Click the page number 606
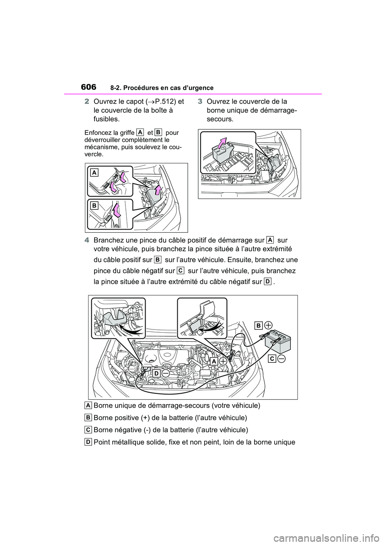click(x=88, y=87)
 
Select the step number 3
click(x=200, y=101)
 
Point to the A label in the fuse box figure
click(x=94, y=173)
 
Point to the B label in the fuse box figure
click(x=94, y=205)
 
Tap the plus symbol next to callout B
click(x=269, y=325)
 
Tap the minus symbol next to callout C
click(x=281, y=359)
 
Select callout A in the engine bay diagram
click(x=214, y=361)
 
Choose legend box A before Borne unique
click(x=88, y=405)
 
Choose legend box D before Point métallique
click(x=88, y=442)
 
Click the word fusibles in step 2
click(x=106, y=119)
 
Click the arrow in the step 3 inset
click(x=220, y=142)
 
